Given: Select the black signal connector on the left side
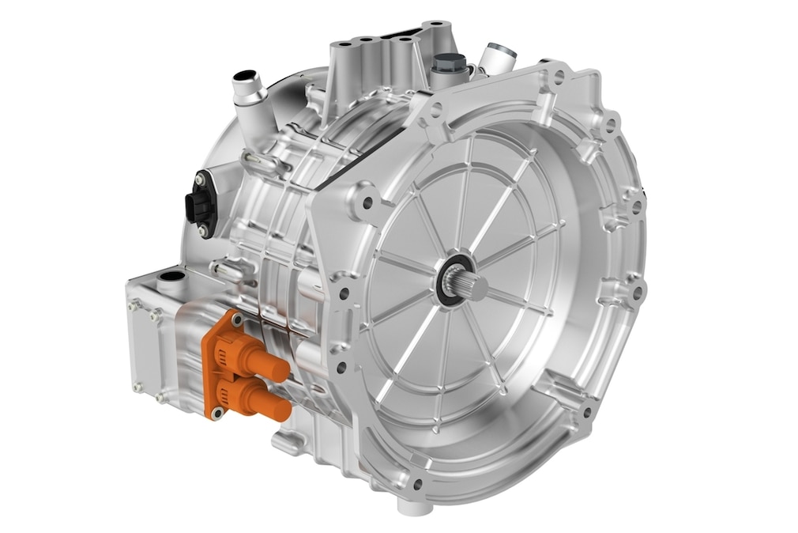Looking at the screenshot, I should click(x=197, y=203).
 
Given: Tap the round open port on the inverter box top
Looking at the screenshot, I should click(x=171, y=278).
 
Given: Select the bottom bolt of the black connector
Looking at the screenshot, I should click(x=203, y=230).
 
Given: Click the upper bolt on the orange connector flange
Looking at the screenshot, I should click(x=235, y=319).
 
